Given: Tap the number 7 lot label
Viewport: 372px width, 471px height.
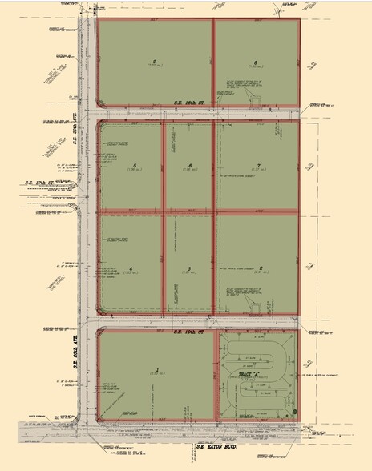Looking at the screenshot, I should click(259, 166).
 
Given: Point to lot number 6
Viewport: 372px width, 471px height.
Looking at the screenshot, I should click(189, 166).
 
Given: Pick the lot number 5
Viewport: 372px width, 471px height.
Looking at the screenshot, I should click(132, 166).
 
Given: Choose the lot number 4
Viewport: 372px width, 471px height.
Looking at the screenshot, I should click(130, 268).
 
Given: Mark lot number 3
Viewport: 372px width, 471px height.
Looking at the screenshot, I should click(188, 268).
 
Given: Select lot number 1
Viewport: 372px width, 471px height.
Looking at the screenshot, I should click(158, 369).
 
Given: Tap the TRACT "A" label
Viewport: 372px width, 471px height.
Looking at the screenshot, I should click(256, 376).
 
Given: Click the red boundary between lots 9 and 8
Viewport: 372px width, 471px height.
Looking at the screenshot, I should click(214, 62).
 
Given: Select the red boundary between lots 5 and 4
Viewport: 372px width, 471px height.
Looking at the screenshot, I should click(130, 212).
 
